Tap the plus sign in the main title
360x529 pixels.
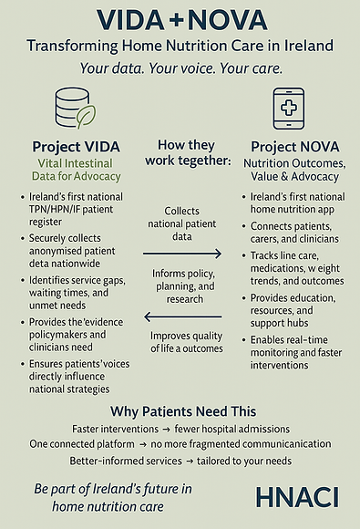tap(179, 19)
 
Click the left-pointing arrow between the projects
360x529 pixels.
tap(183, 317)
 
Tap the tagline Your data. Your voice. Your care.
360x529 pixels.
tap(180, 68)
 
